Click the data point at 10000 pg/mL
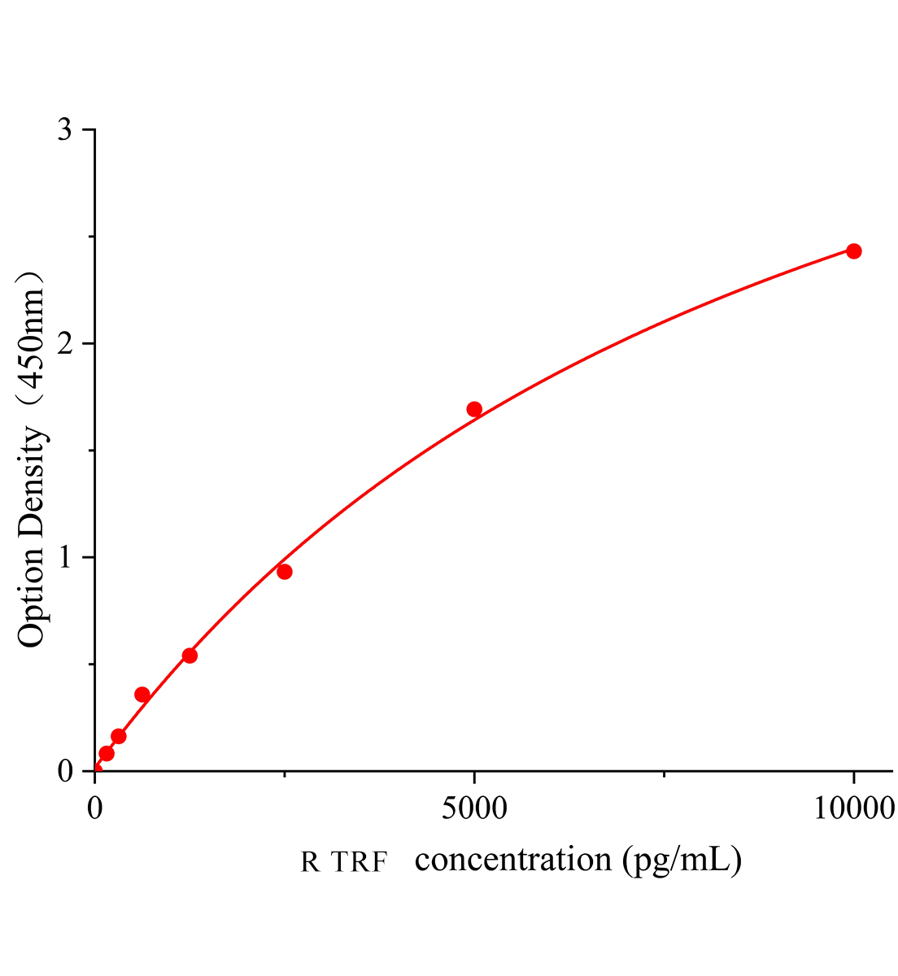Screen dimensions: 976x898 click(853, 251)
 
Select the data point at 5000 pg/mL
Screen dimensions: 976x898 click(474, 409)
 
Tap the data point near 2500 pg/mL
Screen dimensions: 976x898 click(284, 572)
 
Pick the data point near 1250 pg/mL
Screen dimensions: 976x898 click(190, 656)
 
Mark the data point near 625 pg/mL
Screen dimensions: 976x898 click(142, 695)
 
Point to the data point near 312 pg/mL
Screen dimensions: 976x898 click(119, 736)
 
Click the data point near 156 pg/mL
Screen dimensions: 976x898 click(107, 753)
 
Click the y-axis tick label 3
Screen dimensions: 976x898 click(65, 131)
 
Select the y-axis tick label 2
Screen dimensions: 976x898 click(65, 344)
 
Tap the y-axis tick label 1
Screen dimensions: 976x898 click(65, 558)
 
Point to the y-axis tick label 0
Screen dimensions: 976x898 click(65, 771)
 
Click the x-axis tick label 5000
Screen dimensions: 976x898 click(473, 808)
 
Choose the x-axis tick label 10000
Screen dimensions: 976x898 click(852, 808)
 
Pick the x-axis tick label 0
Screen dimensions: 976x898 click(95, 808)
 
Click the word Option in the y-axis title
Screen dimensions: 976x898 click(33, 597)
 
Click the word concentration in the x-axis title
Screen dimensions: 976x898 click(512, 860)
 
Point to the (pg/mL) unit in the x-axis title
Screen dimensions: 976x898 click(682, 861)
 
